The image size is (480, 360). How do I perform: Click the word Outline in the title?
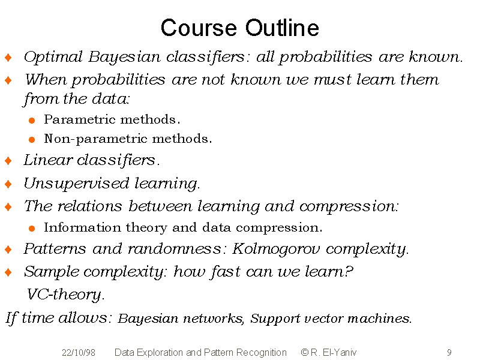pyautogui.click(x=282, y=28)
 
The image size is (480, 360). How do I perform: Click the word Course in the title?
pyautogui.click(x=199, y=28)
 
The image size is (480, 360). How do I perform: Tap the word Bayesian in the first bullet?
pyautogui.click(x=124, y=57)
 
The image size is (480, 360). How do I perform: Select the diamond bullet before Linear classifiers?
pyautogui.click(x=8, y=160)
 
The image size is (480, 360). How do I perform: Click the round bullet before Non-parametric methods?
pyautogui.click(x=32, y=140)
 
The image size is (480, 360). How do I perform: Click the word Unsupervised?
pyautogui.click(x=76, y=184)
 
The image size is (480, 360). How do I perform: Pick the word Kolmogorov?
pyautogui.click(x=276, y=249)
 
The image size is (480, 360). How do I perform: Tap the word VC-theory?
pyautogui.click(x=65, y=295)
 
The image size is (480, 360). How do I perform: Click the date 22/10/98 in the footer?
pyautogui.click(x=79, y=353)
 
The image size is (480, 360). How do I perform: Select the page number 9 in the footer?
pyautogui.click(x=449, y=353)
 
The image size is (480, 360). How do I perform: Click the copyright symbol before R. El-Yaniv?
pyautogui.click(x=305, y=352)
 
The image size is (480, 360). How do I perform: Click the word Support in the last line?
pyautogui.click(x=275, y=319)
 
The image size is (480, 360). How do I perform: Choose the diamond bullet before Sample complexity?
pyautogui.click(x=8, y=272)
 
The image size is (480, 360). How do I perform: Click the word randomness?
pyautogui.click(x=174, y=249)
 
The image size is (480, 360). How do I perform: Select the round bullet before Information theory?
pyautogui.click(x=32, y=229)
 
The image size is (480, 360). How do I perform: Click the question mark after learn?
pyautogui.click(x=349, y=272)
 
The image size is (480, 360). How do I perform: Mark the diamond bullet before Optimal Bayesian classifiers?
pyautogui.click(x=8, y=57)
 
